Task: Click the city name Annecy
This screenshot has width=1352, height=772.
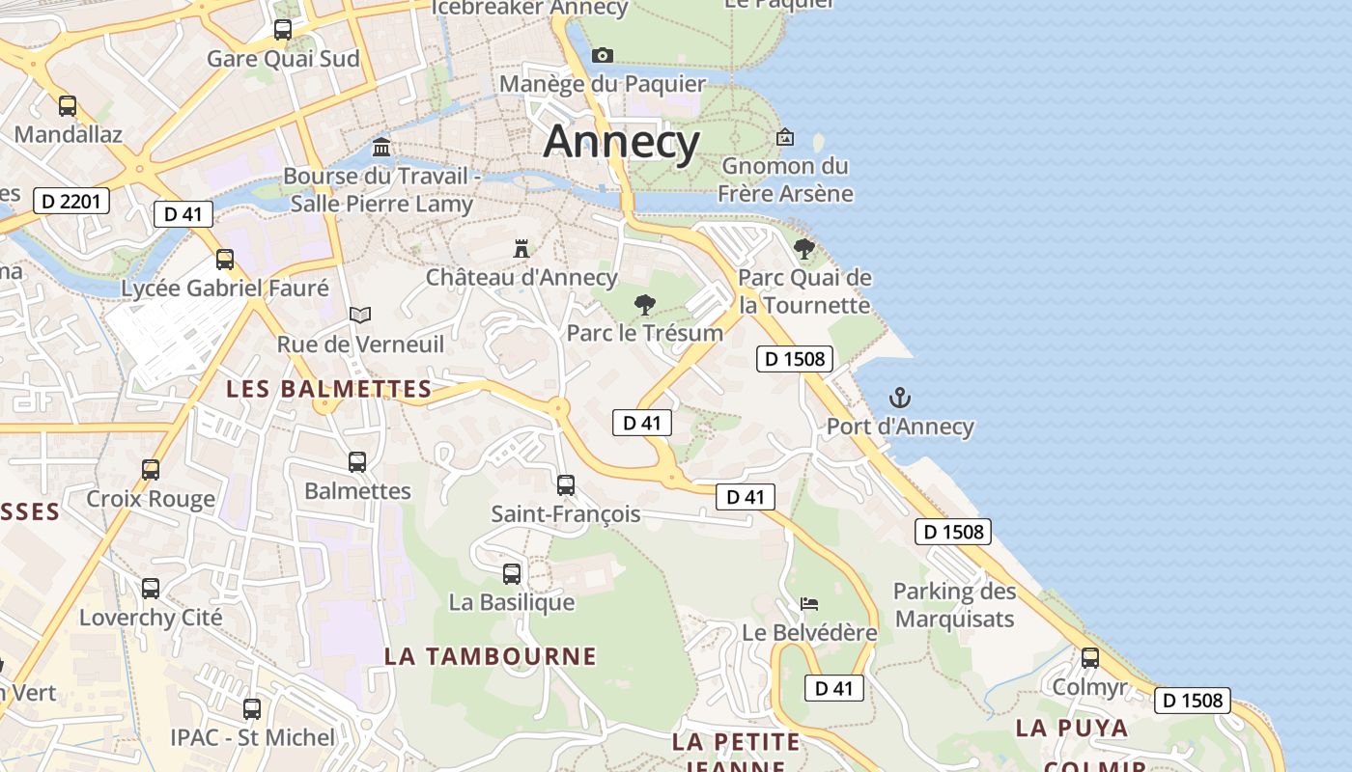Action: point(621,142)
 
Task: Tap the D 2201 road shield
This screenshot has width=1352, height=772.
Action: point(71,201)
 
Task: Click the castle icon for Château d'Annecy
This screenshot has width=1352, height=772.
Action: point(521,249)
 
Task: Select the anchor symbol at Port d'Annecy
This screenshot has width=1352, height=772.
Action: point(900,398)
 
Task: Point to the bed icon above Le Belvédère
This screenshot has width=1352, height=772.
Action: point(809,604)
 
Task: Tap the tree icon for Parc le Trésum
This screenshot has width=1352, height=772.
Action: point(644,306)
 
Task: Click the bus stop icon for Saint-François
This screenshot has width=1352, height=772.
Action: point(566,484)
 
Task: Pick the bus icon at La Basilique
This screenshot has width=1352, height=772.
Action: point(512,574)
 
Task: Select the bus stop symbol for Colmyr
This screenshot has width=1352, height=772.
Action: point(1090,658)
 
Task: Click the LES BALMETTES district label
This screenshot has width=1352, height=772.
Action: point(328,389)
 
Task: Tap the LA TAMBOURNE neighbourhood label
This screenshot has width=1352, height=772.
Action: point(491,656)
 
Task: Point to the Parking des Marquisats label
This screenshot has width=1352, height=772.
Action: point(954,605)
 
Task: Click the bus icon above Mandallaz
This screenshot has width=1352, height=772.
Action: point(68,106)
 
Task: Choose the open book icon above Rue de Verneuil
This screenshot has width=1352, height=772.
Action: point(360,315)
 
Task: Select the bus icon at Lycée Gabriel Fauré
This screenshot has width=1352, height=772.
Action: point(225,260)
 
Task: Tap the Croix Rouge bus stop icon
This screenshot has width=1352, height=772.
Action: point(151,470)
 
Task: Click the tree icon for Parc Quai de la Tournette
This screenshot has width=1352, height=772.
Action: point(803,249)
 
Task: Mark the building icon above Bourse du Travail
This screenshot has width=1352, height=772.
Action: point(381,148)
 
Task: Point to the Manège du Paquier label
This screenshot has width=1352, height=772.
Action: point(603,84)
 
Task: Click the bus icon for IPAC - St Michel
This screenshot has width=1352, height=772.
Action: point(252,709)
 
